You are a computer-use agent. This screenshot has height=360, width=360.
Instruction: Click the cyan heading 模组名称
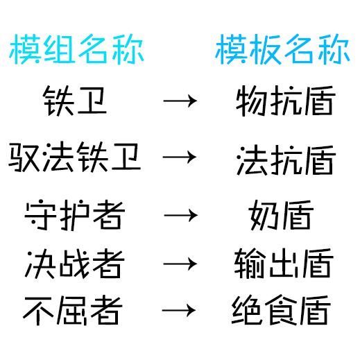pos(76,49)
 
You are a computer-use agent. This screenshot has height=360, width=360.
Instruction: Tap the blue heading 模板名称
pos(282,49)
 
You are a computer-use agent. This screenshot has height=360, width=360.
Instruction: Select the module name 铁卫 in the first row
pos(74,101)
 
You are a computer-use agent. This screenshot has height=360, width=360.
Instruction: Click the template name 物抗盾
pos(286,101)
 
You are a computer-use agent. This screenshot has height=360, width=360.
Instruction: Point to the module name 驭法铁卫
pos(74,157)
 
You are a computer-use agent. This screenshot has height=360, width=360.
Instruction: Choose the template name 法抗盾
pos(286,160)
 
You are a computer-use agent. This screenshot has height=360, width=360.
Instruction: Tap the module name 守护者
pos(74,215)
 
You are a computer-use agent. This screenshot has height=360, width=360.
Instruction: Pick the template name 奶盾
pos(281,215)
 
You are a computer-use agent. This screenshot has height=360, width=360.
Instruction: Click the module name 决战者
pos(74,264)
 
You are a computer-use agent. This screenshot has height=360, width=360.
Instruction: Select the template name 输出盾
pos(284,264)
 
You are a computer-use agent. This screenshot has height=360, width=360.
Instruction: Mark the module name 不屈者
pos(73,310)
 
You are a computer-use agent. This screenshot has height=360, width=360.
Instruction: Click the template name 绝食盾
pos(281,310)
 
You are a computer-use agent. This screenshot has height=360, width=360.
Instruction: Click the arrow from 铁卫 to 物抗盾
pos(180,101)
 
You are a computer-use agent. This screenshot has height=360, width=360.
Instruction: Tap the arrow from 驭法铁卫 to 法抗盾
pos(180,157)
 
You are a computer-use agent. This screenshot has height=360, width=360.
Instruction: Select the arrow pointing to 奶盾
pos(181,215)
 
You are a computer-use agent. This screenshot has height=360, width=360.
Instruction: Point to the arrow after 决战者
pos(180,264)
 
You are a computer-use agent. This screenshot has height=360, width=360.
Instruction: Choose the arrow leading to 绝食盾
pos(179,310)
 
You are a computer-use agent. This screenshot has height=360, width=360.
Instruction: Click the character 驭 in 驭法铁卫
pos(24,157)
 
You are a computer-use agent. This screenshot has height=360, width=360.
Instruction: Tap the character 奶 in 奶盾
pos(264,215)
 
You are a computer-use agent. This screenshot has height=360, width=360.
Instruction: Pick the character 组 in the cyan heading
pos(60,49)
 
